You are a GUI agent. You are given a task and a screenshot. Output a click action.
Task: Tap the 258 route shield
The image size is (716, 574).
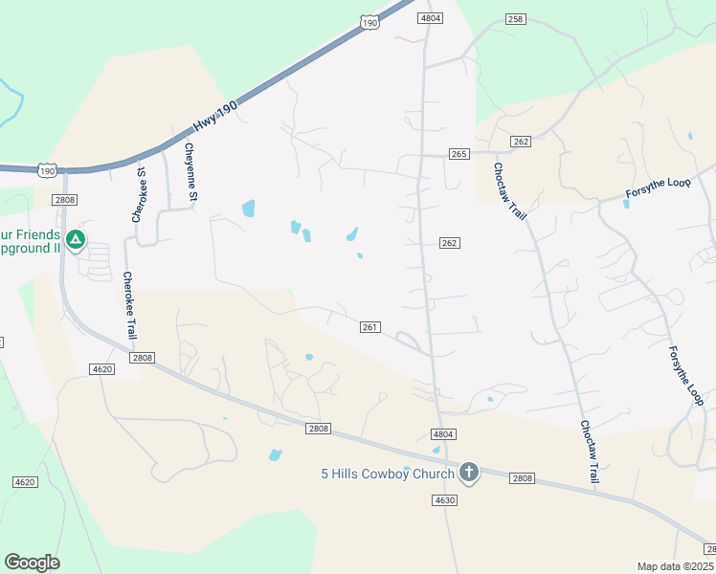click(x=516, y=19)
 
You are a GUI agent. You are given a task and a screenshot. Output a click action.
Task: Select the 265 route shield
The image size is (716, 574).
click(x=459, y=154)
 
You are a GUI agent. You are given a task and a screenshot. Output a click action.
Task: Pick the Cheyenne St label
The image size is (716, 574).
click(x=190, y=172)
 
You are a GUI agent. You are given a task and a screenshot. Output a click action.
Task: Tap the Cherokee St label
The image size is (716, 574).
click(x=139, y=195)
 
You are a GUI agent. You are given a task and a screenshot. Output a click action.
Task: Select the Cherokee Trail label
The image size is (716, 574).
click(x=129, y=305)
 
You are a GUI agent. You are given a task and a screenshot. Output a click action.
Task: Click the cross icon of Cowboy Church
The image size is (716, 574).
click(x=469, y=471)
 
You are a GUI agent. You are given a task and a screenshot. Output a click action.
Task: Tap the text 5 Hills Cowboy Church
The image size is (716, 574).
click(x=388, y=473)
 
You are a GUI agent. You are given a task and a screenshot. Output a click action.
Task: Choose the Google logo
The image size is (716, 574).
click(x=32, y=563)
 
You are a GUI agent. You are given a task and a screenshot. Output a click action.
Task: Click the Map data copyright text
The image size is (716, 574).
click(x=676, y=566)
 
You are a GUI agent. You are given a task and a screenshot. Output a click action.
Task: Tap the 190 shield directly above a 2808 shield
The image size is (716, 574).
click(x=48, y=170)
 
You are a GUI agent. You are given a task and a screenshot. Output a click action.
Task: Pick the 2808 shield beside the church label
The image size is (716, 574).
click(x=522, y=477)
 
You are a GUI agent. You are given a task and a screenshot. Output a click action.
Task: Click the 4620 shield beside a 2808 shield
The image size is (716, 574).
click(x=101, y=369)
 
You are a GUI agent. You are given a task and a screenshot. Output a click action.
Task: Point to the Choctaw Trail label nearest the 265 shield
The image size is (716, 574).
click(x=510, y=190)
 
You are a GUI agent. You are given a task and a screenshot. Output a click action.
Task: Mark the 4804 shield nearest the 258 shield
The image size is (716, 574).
click(x=431, y=18)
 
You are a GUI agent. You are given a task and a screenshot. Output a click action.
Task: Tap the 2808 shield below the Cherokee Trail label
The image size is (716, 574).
click(x=142, y=358)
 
